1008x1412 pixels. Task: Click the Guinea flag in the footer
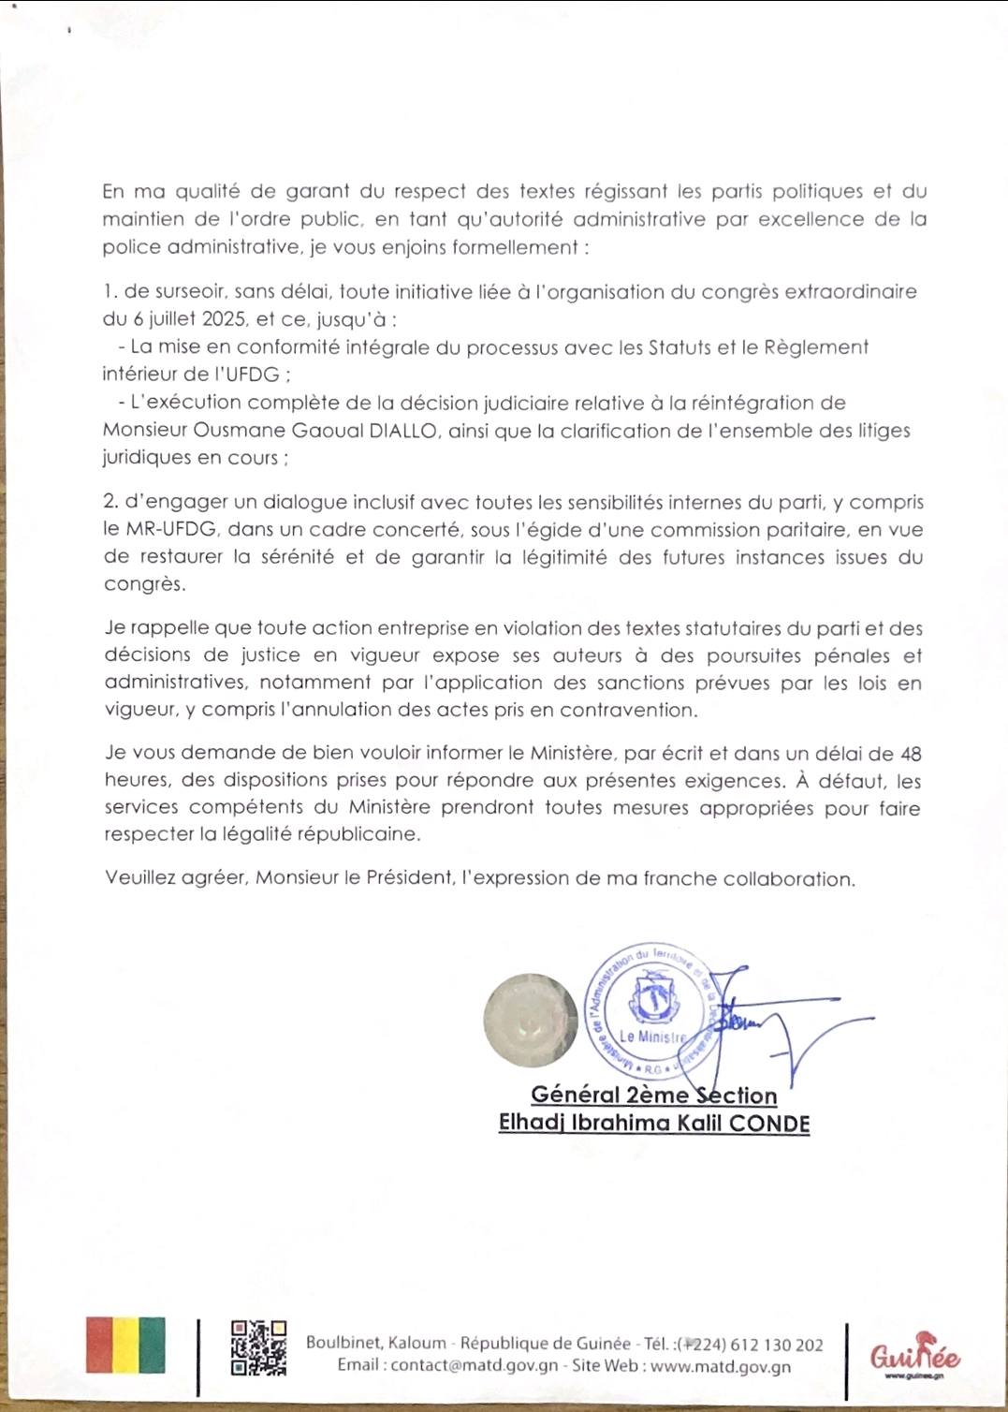(125, 1346)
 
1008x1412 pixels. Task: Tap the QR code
(258, 1348)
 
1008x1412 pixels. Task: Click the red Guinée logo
(914, 1354)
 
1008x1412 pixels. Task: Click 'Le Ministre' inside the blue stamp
(652, 1037)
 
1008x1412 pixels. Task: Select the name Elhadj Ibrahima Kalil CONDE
(653, 1123)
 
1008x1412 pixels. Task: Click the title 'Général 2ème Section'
(653, 1095)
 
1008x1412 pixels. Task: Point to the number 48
(910, 754)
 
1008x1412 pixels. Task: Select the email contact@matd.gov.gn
(475, 1366)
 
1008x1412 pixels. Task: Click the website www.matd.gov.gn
(720, 1366)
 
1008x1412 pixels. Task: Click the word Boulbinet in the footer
(343, 1343)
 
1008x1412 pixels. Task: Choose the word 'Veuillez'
(139, 878)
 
